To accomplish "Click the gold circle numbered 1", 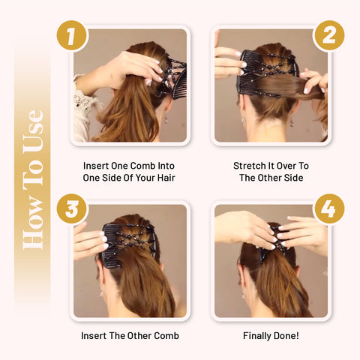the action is click(71, 35).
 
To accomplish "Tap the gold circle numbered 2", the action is click(329, 35).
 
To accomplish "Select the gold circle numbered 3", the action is click(71, 208).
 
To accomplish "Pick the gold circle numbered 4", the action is click(329, 208).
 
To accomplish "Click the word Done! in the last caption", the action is click(286, 335).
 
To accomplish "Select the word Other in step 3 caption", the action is click(139, 335).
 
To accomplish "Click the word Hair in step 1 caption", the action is click(166, 178).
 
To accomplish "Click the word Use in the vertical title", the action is click(33, 130).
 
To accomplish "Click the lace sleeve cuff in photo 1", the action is click(82, 100).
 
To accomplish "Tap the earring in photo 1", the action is click(166, 119).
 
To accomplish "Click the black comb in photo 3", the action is click(111, 246).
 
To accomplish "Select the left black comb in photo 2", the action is click(245, 73).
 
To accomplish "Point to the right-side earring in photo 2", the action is click(291, 122).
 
